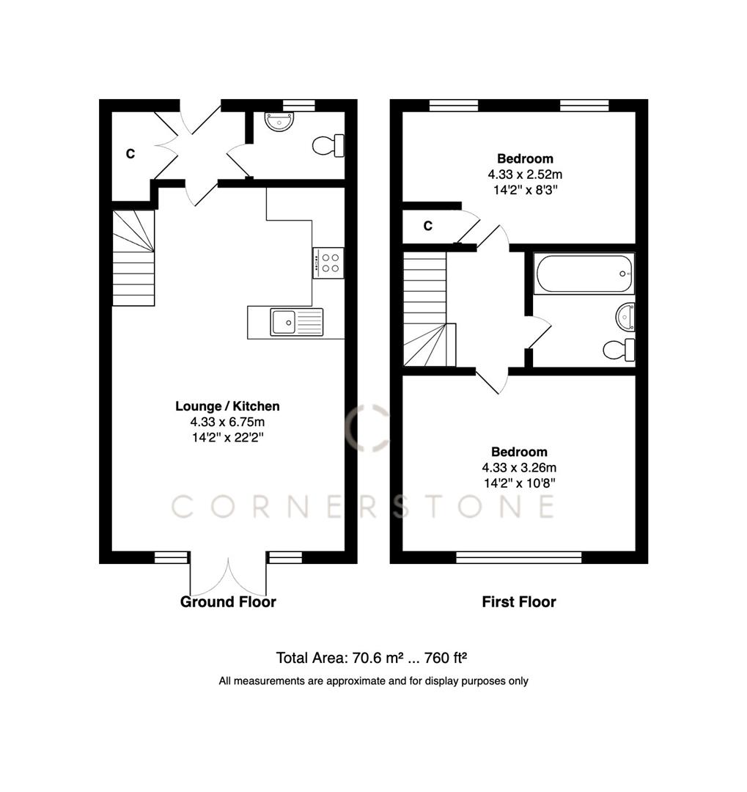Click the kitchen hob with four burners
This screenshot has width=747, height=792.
tap(328, 263)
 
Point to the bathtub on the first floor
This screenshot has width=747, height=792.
tap(583, 274)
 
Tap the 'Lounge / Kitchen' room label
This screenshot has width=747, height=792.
tap(227, 406)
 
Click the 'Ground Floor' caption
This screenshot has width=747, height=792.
tap(228, 602)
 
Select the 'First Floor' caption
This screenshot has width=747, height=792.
tap(519, 602)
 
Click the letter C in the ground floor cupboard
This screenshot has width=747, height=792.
tap(130, 154)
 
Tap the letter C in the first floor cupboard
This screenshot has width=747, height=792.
tap(428, 226)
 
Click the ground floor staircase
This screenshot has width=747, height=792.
tap(133, 258)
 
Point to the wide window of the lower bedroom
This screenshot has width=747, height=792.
tap(519, 557)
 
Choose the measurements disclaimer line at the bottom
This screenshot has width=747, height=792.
tap(373, 681)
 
